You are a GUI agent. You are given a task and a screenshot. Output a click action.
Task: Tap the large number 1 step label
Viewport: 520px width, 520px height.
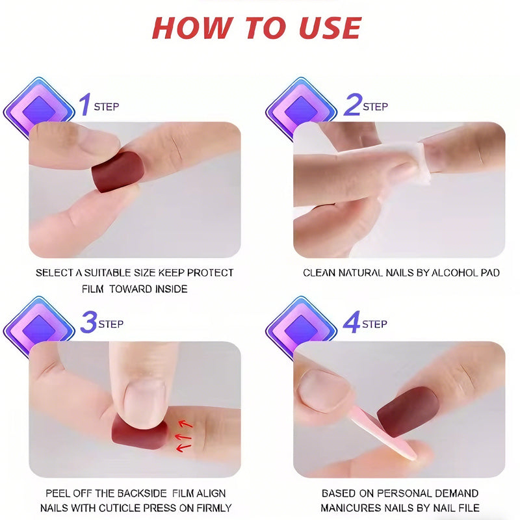84,105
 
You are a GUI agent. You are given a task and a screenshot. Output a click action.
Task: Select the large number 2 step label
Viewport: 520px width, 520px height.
352,105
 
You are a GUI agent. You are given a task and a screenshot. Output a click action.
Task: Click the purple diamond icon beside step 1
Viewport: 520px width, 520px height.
39,109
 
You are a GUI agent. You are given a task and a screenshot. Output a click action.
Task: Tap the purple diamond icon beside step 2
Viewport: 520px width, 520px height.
301,109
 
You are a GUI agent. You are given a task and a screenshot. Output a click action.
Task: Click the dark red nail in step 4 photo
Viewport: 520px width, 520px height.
409,411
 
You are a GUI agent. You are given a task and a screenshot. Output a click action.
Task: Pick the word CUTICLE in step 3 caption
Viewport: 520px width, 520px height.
131,508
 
